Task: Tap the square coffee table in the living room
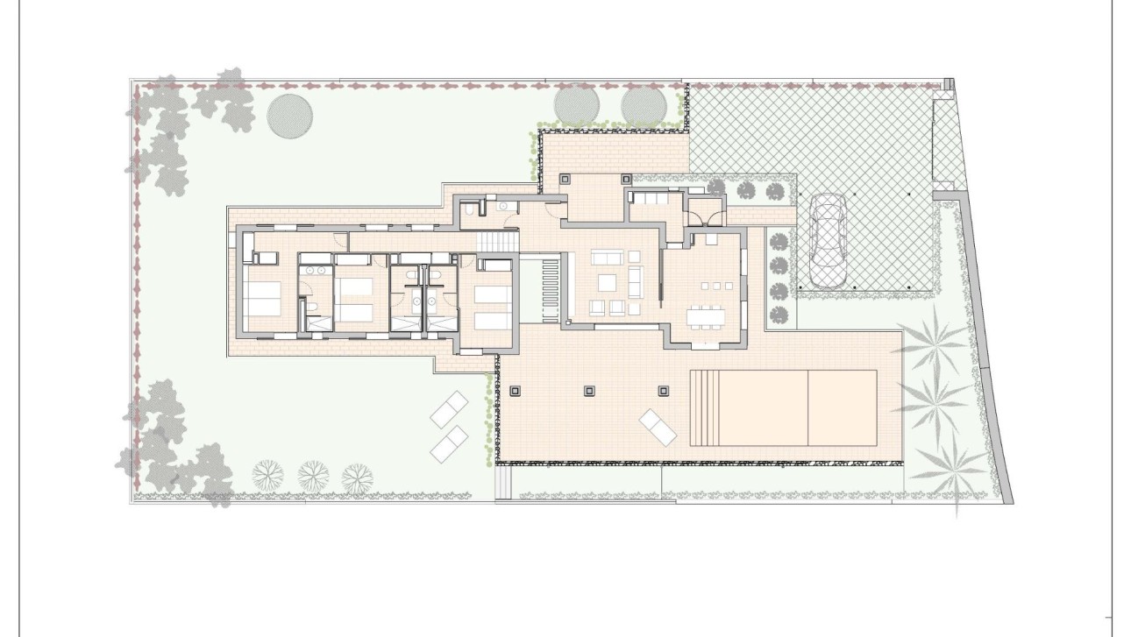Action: tap(606, 282)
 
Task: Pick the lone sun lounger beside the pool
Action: tap(658, 427)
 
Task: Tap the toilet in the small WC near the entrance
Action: tap(472, 210)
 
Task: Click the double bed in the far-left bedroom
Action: tap(261, 295)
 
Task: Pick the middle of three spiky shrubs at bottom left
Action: tap(312, 475)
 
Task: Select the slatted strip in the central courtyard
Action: tap(550, 288)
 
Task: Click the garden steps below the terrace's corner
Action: tap(503, 483)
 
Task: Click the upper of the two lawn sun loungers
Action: tap(450, 409)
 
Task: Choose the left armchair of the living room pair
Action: tap(596, 306)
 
